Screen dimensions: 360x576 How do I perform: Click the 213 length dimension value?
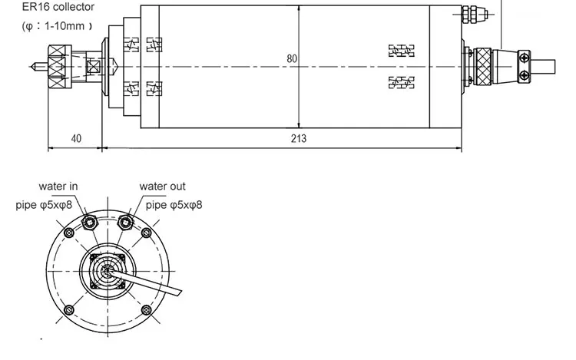[x=300, y=139]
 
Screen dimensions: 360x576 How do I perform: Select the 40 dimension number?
[x=76, y=139]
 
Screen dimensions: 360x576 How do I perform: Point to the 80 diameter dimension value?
[x=292, y=58]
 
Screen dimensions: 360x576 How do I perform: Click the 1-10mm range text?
[x=62, y=26]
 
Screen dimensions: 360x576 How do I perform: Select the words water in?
[x=58, y=187]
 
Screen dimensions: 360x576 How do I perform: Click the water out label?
[x=162, y=187]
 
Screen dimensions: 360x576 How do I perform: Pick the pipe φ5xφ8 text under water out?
[x=174, y=205]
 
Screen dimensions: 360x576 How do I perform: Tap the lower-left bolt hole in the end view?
[x=70, y=309]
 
